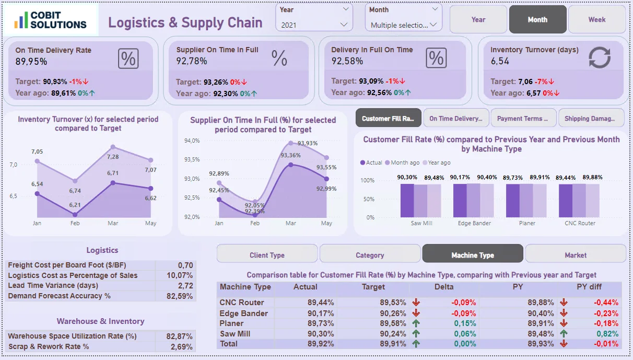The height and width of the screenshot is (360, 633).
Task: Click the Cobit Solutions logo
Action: (51, 20)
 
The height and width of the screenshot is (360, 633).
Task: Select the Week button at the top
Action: (596, 20)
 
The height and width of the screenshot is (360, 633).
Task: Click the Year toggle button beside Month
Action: (478, 20)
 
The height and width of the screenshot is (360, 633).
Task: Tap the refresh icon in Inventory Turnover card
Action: (599, 57)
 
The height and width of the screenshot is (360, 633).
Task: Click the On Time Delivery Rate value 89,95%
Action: (31, 62)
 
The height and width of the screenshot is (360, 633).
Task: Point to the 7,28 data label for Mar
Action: (113, 157)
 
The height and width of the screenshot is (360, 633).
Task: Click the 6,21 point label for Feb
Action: (75, 205)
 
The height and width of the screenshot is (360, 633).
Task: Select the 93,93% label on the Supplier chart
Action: (308, 143)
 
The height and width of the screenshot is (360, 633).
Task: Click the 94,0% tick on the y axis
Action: (192, 141)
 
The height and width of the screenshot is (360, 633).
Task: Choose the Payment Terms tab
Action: (522, 119)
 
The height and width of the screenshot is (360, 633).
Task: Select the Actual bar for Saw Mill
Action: (407, 200)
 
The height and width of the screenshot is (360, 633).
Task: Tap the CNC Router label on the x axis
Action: (580, 223)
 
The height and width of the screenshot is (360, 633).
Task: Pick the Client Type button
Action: (267, 255)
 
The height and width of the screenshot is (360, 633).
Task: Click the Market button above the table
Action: (575, 255)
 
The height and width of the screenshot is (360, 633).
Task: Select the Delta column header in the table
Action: (444, 287)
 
